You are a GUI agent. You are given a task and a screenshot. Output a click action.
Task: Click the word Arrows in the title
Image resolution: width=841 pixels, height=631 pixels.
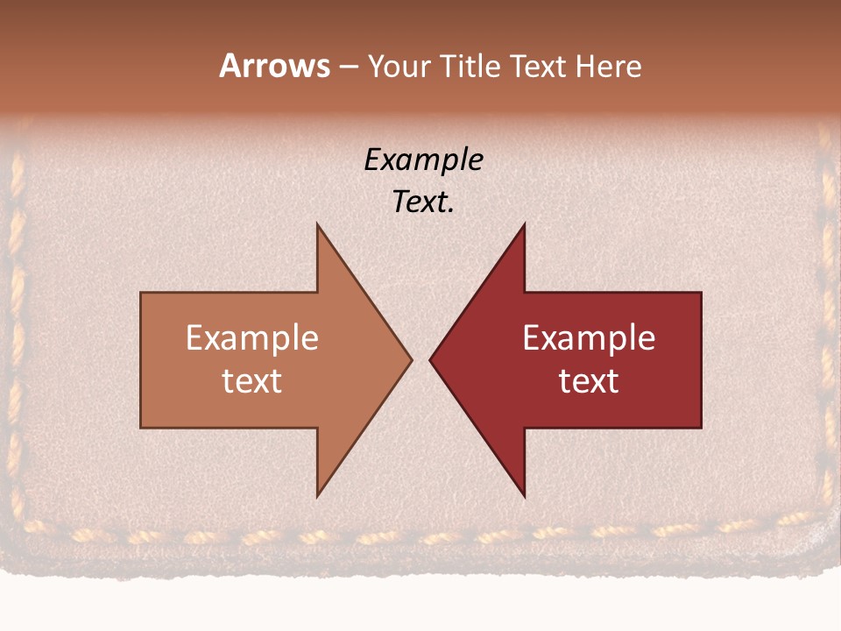[x=274, y=66]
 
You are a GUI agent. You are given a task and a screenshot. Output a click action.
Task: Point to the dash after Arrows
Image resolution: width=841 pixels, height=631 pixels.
[x=348, y=67]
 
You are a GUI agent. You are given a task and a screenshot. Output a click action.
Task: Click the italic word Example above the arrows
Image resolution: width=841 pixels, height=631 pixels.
[x=423, y=160]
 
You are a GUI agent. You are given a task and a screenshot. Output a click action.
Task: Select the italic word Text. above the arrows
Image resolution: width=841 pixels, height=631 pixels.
[x=423, y=202]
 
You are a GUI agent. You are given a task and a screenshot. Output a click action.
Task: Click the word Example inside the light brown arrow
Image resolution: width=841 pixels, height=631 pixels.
[x=251, y=338]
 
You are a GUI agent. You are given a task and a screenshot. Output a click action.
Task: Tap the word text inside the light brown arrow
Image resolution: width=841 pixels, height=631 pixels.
[x=251, y=380]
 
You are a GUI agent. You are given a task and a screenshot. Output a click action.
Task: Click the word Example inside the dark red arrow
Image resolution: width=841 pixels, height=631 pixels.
[x=589, y=338]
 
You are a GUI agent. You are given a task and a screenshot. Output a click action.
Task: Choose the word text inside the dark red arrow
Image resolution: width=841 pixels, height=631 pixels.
[x=589, y=380]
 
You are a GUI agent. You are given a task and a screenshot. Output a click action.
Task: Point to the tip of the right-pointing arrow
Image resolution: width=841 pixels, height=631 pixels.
[x=411, y=359]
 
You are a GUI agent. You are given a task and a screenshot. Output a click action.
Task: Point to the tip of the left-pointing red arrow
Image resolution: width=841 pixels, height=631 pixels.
[x=430, y=359]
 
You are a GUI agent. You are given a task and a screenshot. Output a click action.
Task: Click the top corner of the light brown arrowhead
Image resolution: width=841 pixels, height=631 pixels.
[x=317, y=224]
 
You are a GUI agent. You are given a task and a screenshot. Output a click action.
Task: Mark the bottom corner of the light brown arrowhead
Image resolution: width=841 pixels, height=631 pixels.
[x=317, y=497]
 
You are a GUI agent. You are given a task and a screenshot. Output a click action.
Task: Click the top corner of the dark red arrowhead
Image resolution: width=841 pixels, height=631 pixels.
[x=524, y=224]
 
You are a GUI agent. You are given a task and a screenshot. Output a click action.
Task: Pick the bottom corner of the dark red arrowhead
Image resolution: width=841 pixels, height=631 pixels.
[x=524, y=497]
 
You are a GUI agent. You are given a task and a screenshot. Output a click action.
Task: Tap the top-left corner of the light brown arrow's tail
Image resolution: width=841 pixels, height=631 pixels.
[x=141, y=293]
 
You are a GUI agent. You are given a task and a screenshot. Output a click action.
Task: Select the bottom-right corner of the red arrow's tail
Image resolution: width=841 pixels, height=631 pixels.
[x=701, y=428]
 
